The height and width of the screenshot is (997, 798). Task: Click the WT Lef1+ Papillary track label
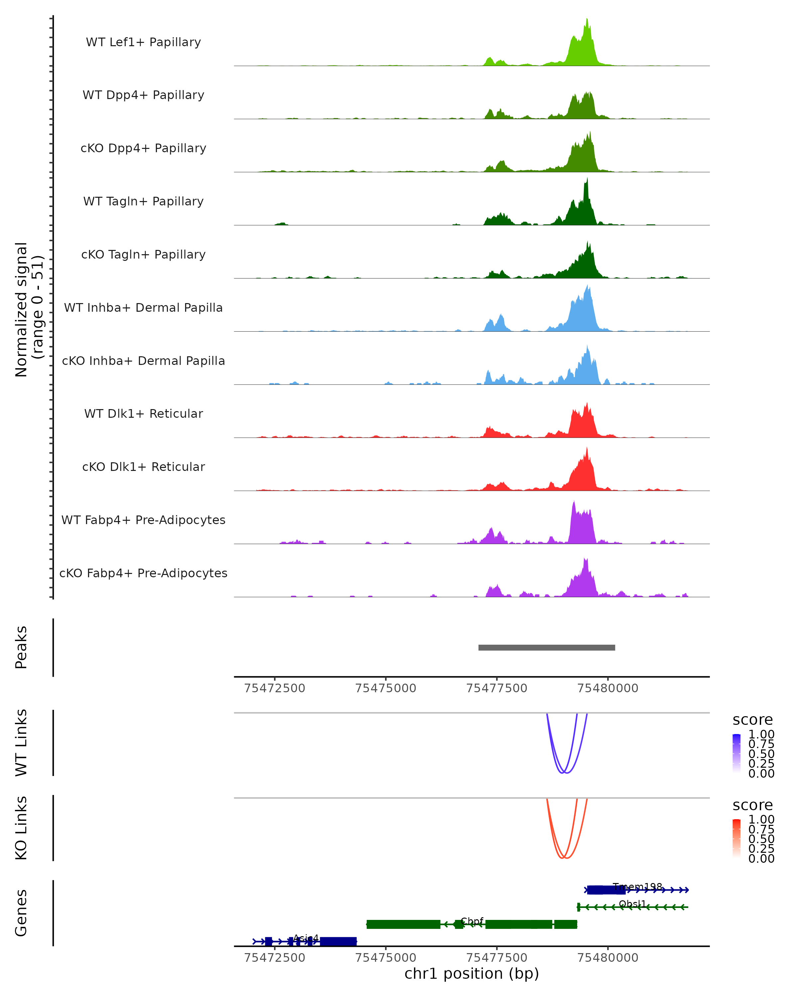point(143,43)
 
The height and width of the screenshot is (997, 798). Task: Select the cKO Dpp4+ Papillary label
point(143,149)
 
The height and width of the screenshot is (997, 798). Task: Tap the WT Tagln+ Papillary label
point(143,202)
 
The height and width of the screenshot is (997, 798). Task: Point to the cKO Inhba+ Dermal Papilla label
point(143,361)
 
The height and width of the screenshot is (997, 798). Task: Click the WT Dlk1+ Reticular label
point(143,414)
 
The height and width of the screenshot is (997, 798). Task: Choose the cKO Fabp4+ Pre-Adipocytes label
point(143,573)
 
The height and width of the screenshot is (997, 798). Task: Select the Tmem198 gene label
point(637,886)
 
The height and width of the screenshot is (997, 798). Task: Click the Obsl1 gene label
point(632,904)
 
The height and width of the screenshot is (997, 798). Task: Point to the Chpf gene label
point(472,921)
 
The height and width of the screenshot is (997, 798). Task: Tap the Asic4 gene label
point(306,938)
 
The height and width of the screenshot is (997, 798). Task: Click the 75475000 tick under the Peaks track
point(385,688)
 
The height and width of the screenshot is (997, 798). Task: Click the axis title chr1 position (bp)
point(471,974)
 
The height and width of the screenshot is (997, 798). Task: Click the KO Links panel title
point(21,828)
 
